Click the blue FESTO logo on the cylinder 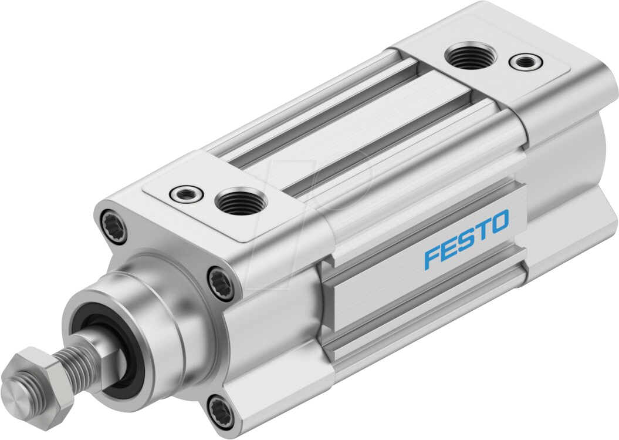[x=466, y=239]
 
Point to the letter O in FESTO [x=499, y=222]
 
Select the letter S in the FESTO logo [x=467, y=238]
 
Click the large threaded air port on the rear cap [x=471, y=57]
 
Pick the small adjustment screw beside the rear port [x=522, y=61]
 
